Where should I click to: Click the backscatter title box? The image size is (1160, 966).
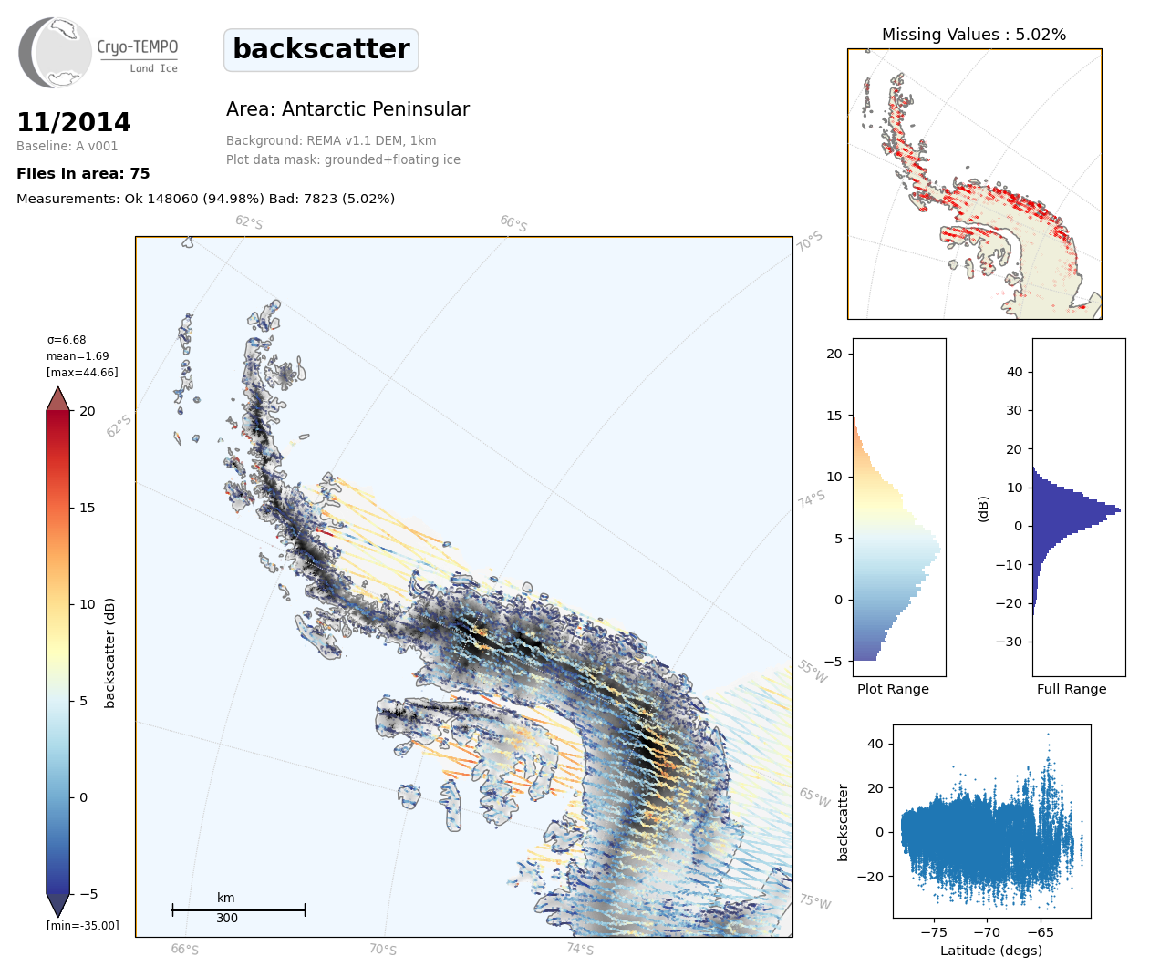tap(321, 49)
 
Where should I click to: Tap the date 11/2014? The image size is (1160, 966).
tap(74, 122)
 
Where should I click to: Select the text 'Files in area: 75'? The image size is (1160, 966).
tap(83, 174)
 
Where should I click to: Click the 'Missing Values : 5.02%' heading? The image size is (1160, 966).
tap(973, 35)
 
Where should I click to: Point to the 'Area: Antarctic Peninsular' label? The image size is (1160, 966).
tap(347, 109)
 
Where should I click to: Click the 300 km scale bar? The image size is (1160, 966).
tap(239, 909)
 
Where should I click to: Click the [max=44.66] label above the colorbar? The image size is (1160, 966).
tap(82, 373)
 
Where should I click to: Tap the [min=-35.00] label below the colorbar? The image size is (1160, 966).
tap(83, 926)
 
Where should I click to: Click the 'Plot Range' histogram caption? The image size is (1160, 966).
tap(893, 689)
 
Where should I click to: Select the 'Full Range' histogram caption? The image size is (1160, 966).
tap(1072, 689)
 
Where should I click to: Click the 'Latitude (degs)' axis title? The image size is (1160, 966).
tap(991, 951)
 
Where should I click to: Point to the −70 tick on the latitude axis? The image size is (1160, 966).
tap(987, 932)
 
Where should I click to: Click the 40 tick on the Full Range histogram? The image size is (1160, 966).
tap(1014, 372)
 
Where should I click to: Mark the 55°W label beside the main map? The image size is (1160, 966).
tap(812, 672)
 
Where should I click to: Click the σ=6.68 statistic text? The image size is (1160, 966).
tap(67, 340)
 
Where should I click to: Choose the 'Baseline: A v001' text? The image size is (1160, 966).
tap(67, 146)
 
